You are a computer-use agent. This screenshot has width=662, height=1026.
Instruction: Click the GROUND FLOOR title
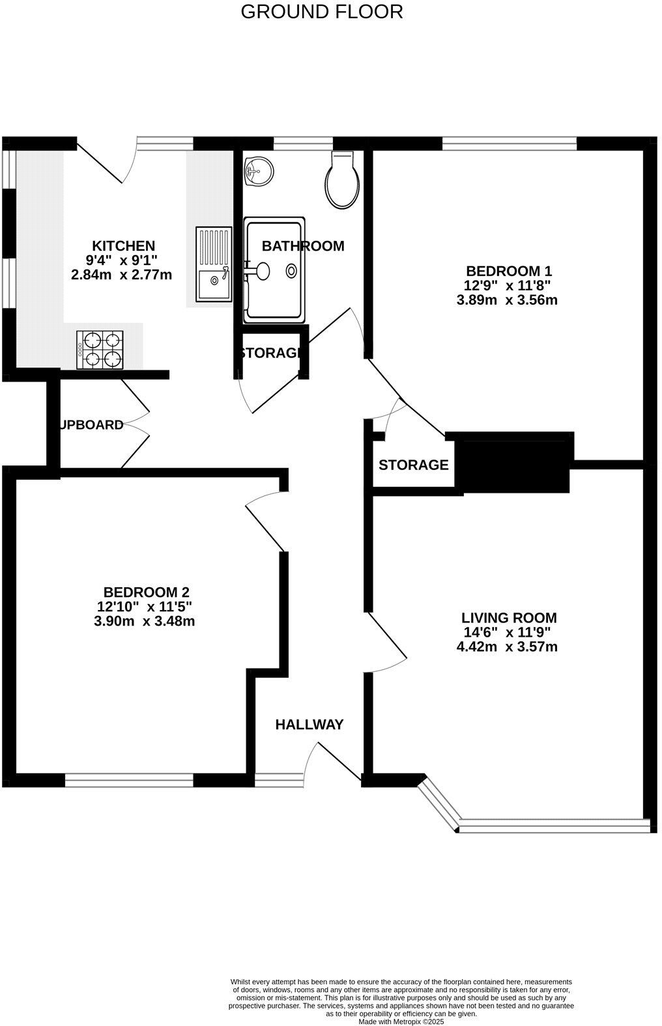[x=322, y=12]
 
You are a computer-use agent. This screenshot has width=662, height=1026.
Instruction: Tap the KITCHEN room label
[x=123, y=246]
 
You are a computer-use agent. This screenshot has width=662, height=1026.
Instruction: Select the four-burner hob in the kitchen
[x=100, y=350]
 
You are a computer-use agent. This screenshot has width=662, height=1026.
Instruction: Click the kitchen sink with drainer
[x=214, y=264]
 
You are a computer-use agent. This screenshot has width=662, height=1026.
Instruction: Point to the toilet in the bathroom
[x=343, y=181]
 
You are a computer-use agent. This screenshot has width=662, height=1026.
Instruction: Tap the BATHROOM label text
[x=302, y=246]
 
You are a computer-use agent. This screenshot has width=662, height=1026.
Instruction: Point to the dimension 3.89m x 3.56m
[x=508, y=300]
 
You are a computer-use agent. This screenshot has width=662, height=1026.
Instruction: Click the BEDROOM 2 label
[x=147, y=592]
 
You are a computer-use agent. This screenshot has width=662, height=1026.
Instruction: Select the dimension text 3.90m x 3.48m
[x=145, y=621]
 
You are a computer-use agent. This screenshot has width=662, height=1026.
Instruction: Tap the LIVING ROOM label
[x=509, y=618]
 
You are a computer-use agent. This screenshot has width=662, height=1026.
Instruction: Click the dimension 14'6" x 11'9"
[x=507, y=632]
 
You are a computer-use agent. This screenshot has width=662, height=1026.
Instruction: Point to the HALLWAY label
[x=309, y=725]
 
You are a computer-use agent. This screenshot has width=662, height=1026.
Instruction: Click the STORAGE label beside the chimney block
[x=413, y=465]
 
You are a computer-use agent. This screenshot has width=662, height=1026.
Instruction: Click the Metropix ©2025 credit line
[x=401, y=1022]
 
